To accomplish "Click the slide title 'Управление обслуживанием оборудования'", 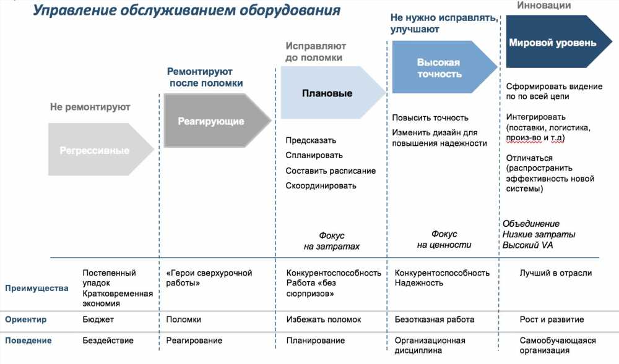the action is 186,11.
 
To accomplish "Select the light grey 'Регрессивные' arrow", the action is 101,150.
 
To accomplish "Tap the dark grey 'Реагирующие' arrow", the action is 217,121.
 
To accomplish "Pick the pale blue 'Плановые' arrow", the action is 333,93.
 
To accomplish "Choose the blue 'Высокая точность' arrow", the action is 444,67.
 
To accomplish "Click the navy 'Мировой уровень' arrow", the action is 559,42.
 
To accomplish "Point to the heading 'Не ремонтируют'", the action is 90,107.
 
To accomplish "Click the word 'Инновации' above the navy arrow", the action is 544,5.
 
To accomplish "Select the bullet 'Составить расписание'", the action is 331,171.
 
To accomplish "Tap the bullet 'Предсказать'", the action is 311,141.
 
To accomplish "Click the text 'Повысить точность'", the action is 430,118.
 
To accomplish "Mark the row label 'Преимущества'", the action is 37,289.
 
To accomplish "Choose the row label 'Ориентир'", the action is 25,320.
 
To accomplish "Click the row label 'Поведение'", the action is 28,341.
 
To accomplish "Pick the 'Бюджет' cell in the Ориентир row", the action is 98,320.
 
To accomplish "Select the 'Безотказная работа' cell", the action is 435,320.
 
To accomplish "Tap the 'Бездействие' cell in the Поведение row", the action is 108,341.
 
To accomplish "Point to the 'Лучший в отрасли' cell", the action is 555,273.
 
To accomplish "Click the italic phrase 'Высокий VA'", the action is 527,245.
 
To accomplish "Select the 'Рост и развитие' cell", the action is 552,320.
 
